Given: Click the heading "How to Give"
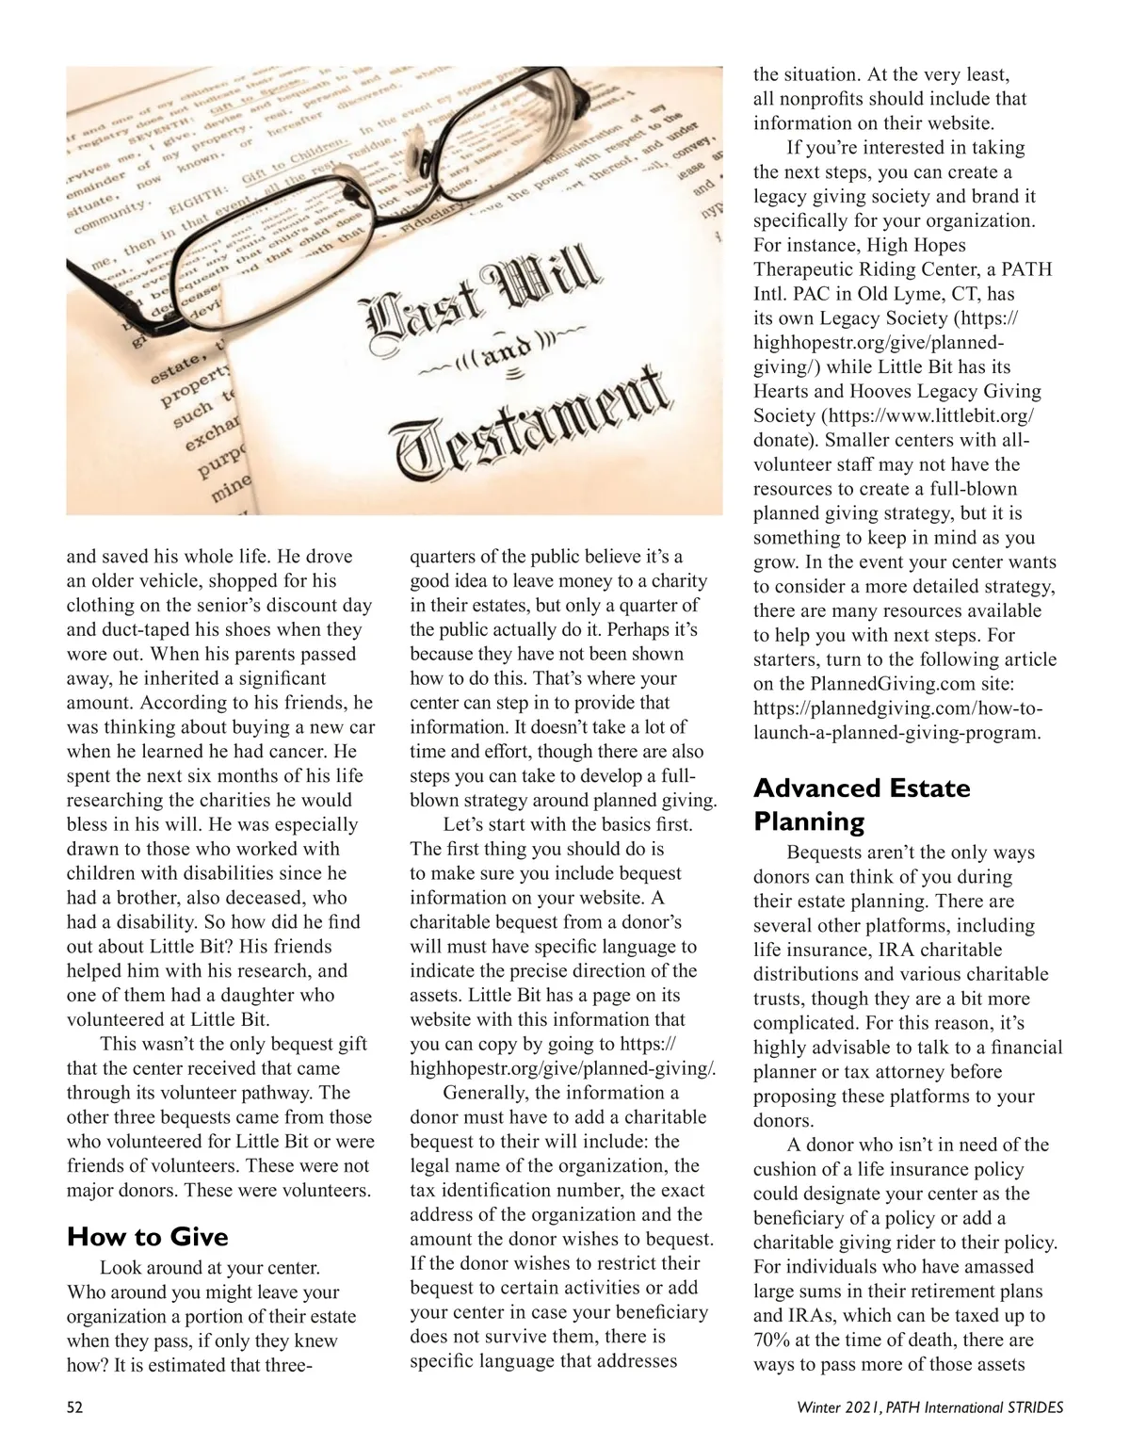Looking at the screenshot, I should click(x=147, y=1236).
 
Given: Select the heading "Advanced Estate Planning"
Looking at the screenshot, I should click(x=861, y=804).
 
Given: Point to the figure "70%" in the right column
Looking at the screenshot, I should click(x=772, y=1340).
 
